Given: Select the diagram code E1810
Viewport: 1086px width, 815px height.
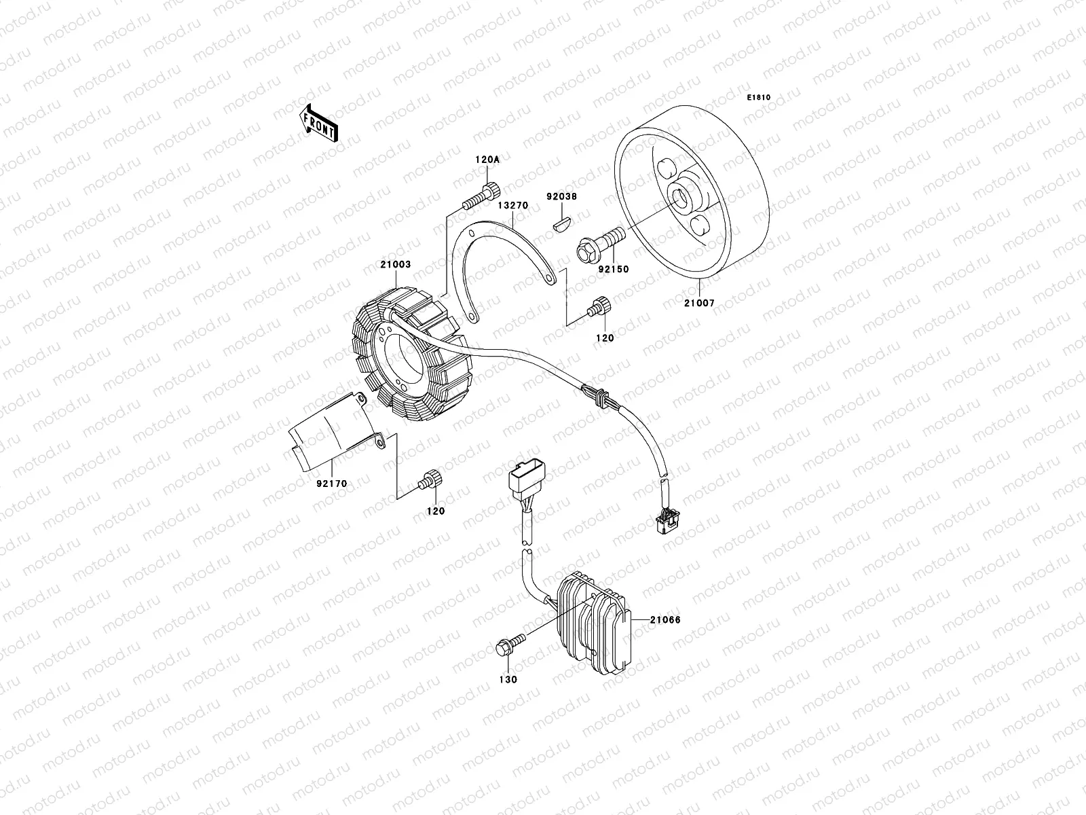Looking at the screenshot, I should (759, 98).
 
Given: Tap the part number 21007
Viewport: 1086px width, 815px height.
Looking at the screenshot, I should (700, 304).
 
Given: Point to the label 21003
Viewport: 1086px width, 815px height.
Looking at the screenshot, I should (396, 264).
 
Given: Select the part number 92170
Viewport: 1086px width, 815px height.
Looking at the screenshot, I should (331, 484).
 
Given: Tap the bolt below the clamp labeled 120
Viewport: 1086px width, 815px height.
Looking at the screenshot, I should (430, 479).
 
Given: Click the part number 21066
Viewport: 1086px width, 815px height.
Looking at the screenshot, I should (664, 619).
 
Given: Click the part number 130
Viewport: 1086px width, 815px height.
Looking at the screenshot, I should (508, 679).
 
